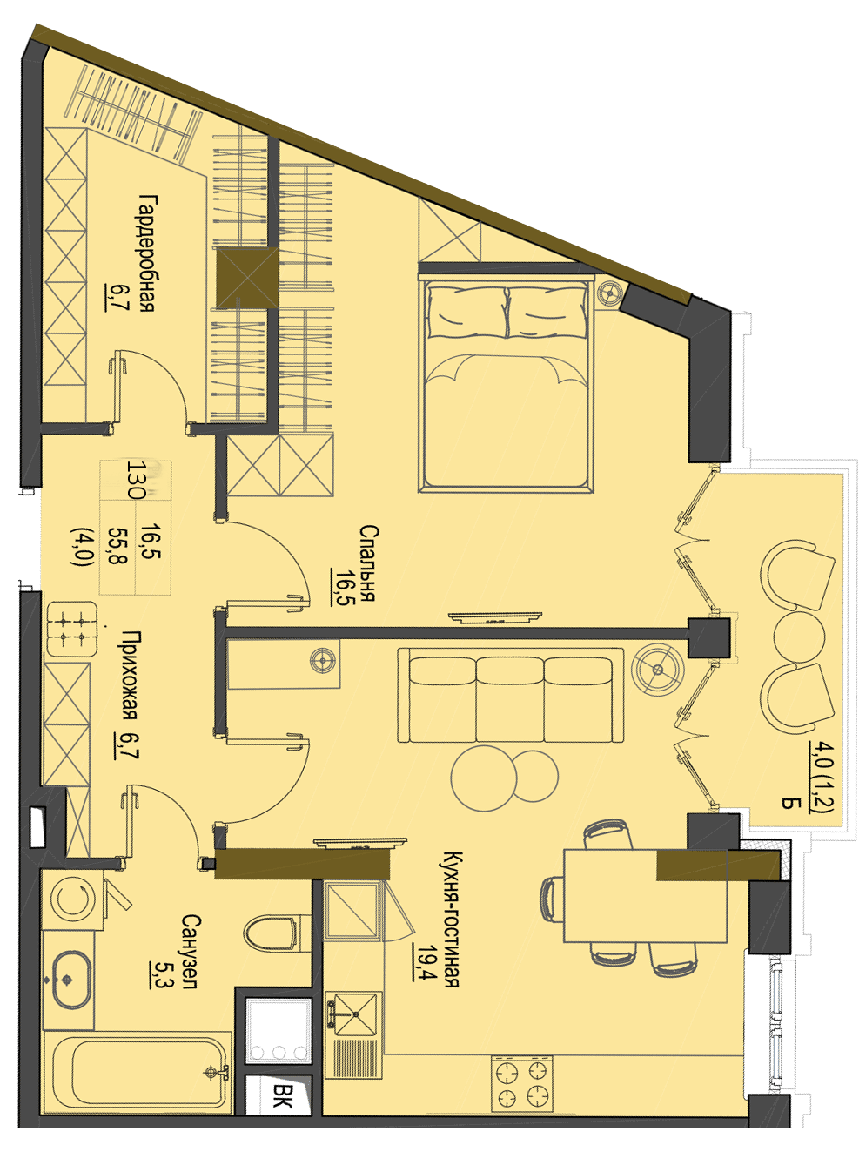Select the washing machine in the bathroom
(x=69, y=900)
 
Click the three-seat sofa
(x=510, y=695)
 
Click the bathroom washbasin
(x=70, y=980)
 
